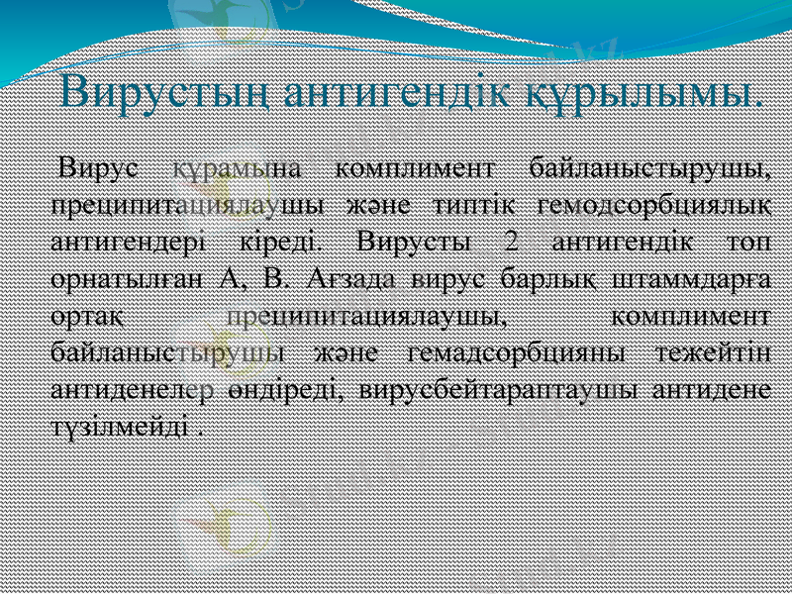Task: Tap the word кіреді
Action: click(x=282, y=241)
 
